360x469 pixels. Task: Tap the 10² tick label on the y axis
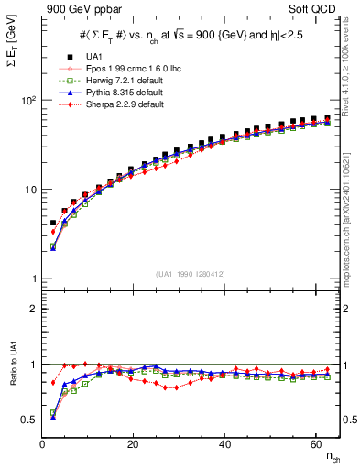pos(27,100)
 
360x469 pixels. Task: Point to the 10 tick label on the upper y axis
pos(28,190)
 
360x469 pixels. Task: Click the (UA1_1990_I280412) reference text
pos(191,273)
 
